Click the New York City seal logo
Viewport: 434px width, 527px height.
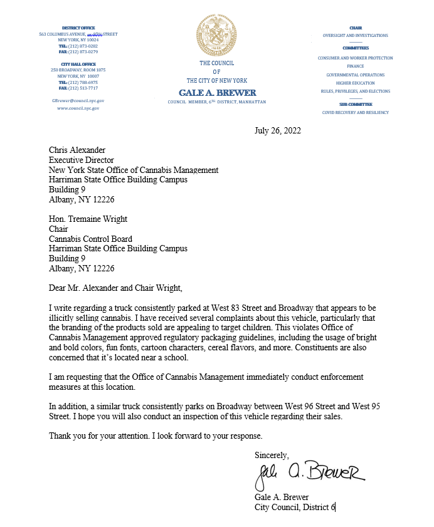pos(216,34)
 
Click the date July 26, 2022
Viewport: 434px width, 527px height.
pos(277,131)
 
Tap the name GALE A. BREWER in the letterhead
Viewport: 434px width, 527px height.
pos(216,93)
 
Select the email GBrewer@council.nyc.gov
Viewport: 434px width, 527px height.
pos(78,100)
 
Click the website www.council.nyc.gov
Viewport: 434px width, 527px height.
pos(78,108)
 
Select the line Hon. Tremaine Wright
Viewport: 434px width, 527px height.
pos(88,219)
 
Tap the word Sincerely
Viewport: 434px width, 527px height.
pos(272,454)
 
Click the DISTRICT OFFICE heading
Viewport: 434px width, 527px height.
pos(78,28)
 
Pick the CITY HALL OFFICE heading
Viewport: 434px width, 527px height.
pos(78,64)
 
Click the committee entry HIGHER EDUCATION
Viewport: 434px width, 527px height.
pos(355,83)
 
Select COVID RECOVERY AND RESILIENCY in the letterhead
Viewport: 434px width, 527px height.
pos(355,112)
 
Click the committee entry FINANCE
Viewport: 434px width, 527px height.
pos(355,66)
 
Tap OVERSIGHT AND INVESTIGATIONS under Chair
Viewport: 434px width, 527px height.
pos(355,36)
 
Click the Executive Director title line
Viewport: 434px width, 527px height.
pos(82,160)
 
